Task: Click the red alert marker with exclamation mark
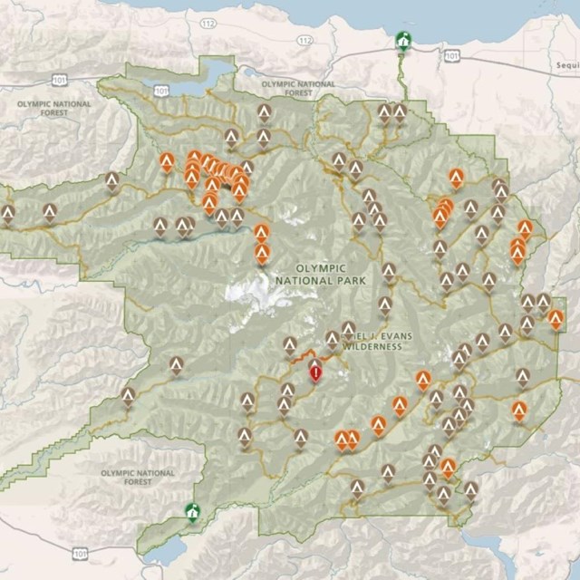tap(315, 372)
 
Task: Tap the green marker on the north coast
tap(402, 41)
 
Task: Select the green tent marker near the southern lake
tap(191, 511)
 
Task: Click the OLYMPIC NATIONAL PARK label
tap(322, 275)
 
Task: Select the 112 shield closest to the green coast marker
tap(305, 40)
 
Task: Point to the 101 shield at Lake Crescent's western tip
tap(160, 91)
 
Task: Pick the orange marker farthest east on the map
tap(556, 318)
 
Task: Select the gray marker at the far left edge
tap(8, 214)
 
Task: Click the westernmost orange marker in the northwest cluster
tap(167, 161)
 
